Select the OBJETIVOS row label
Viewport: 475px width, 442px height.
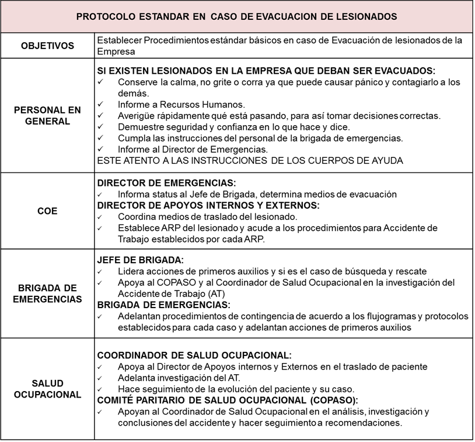pos(48,46)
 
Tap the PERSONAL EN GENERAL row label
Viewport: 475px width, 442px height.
pos(48,115)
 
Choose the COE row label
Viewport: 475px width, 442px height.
pos(48,210)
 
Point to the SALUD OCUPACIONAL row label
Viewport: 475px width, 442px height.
pos(48,389)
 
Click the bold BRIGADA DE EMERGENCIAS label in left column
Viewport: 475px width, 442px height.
pos(48,293)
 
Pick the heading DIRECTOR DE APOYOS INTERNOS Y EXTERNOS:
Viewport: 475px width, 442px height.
pos(208,205)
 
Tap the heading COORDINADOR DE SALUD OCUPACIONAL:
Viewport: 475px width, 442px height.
pos(194,355)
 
